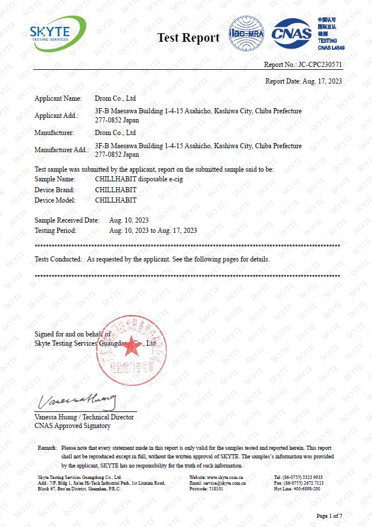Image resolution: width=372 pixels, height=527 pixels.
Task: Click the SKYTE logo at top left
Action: [57, 34]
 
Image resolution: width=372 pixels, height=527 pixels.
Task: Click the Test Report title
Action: [189, 38]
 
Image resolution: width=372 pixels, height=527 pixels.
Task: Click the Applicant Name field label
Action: [58, 99]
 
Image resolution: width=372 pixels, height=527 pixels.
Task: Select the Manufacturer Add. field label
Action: [61, 150]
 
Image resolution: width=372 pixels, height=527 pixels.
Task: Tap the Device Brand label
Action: [54, 190]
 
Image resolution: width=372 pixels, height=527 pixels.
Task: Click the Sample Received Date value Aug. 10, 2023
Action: [129, 220]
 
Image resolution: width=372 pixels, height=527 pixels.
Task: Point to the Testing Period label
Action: [55, 231]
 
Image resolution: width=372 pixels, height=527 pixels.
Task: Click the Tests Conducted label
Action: [58, 259]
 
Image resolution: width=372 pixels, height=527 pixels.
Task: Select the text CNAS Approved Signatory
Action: [72, 426]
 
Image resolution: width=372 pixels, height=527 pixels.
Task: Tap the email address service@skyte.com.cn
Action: [225, 483]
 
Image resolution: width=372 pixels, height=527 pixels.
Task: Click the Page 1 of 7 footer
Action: [328, 516]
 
